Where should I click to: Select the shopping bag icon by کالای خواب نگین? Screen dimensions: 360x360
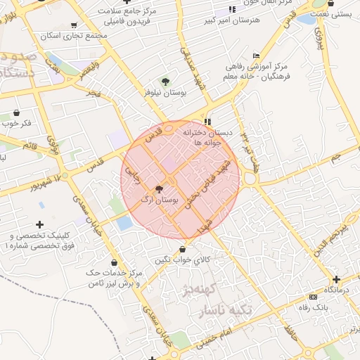[183, 249]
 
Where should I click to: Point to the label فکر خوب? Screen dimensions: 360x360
[16, 124]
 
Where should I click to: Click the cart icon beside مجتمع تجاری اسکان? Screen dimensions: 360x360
[74, 26]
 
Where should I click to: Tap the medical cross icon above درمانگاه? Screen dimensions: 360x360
[336, 279]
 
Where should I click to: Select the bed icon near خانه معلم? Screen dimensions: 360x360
[255, 56]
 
